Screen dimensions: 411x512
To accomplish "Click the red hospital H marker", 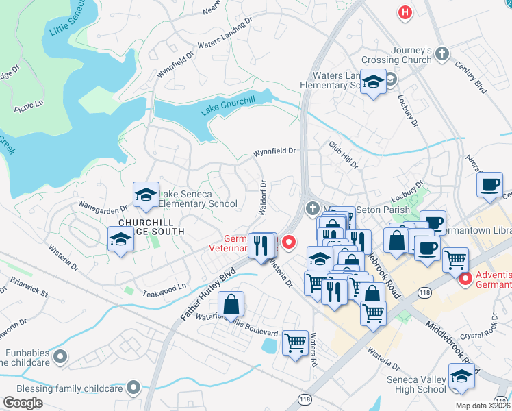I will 405,12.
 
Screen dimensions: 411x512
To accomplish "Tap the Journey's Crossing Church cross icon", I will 443,53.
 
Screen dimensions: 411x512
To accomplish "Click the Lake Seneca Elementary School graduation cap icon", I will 145,195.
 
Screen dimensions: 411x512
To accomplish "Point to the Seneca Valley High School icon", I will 461,376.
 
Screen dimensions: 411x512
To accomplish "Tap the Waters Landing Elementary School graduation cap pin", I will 372,82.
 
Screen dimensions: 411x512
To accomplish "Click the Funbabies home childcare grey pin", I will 60,356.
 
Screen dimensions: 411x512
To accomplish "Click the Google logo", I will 23,402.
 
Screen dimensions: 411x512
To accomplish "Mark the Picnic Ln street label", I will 29,107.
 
